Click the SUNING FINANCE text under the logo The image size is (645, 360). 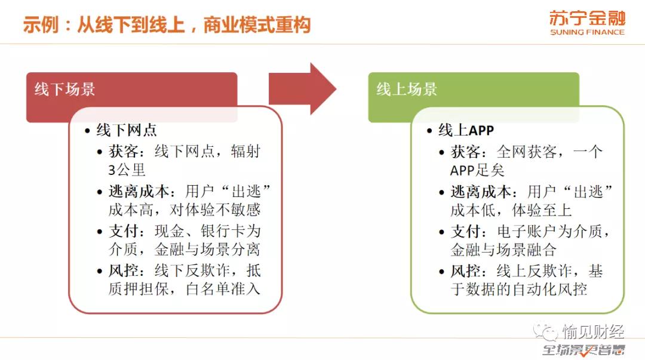pos(586,32)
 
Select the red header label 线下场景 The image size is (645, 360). pos(64,90)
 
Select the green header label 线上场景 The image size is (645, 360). pos(407,90)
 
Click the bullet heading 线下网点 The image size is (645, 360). pos(126,130)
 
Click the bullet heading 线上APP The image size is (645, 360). pos(466,130)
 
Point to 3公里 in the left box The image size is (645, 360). pos(127,170)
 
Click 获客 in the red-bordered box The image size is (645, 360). pos(123,151)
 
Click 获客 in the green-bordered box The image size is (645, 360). pos(465,151)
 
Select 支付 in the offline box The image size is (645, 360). pos(123,231)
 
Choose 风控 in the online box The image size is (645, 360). pos(465,270)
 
